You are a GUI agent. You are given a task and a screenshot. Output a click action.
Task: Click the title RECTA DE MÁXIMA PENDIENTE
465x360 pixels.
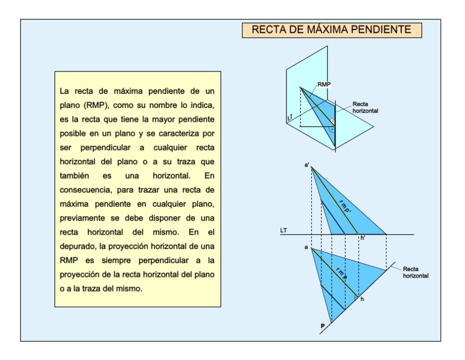tap(331, 30)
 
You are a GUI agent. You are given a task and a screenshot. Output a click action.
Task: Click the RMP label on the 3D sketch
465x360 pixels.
tap(324, 85)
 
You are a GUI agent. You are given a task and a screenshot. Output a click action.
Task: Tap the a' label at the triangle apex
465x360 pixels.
tap(307, 164)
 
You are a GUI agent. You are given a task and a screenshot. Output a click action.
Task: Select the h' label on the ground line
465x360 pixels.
tap(363, 239)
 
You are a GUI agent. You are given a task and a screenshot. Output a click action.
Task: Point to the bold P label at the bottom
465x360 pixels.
tap(322, 326)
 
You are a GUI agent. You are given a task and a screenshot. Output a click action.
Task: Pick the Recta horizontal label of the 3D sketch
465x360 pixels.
tap(366, 108)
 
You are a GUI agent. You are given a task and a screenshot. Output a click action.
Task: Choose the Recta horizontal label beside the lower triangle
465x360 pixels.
tap(416, 272)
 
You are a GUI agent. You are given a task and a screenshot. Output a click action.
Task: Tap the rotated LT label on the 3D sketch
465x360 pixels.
tap(290, 115)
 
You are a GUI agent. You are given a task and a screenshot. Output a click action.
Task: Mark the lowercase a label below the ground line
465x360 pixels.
tap(306, 247)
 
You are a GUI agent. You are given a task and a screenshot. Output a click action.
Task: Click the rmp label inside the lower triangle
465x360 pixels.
tap(341, 273)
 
